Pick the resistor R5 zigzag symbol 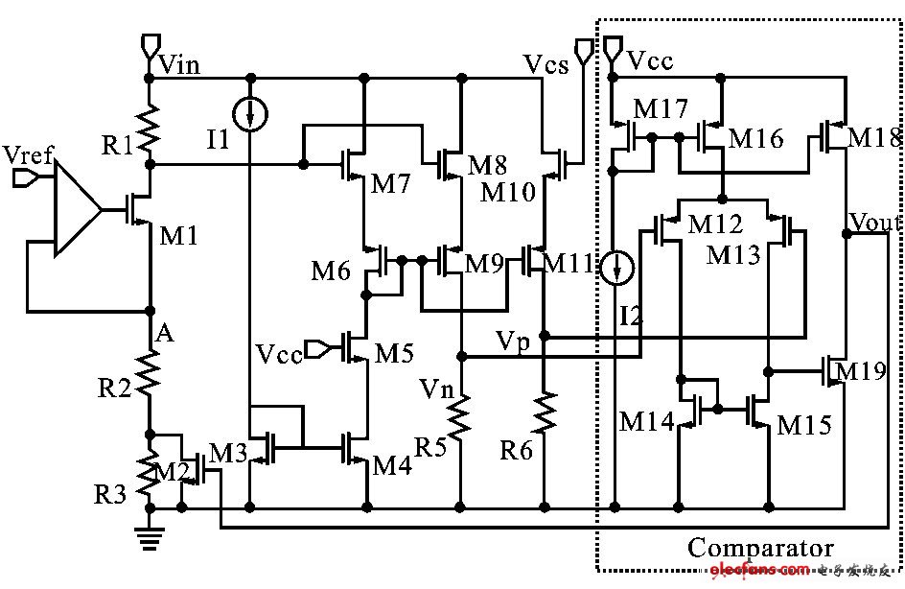click(461, 418)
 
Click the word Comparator click(760, 550)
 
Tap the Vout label click(875, 224)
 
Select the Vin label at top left click(179, 65)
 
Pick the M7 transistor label click(390, 182)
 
